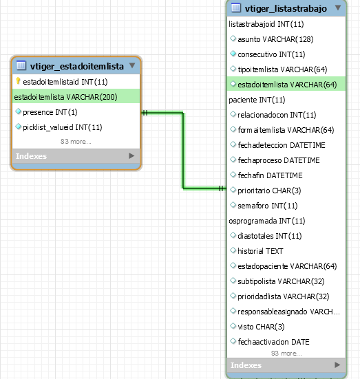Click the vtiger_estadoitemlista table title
76,66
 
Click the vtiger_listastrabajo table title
286,9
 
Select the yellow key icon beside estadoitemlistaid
18,81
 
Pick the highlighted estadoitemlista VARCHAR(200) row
76,96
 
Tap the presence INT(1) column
50,112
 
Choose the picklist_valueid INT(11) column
63,127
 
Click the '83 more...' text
76,142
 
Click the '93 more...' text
286,354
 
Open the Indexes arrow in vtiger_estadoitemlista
131,156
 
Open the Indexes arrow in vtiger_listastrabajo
337,365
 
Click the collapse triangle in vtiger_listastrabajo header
338,8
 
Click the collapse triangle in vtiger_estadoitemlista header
132,65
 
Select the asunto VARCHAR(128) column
275,39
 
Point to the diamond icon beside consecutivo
233,54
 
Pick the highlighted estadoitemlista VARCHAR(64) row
286,84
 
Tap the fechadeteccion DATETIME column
282,145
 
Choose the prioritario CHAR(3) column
269,191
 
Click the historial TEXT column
260,251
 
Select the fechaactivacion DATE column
274,342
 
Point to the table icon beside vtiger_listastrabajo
236,8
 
